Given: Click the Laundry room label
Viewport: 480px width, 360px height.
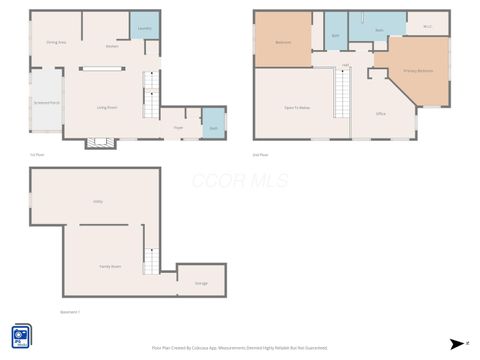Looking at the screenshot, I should (x=144, y=30).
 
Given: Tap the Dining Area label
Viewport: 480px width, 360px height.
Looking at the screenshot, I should (x=56, y=43).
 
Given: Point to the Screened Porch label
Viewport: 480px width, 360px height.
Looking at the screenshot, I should (x=46, y=102).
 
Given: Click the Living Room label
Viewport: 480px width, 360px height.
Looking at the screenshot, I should (x=107, y=107).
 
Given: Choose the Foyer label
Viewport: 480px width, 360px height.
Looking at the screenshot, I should (x=178, y=128).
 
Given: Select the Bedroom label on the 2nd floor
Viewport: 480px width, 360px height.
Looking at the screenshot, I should (x=283, y=42).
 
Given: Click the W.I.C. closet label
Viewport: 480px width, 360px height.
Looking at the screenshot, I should (x=427, y=27).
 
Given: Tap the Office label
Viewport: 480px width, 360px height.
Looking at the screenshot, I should (x=381, y=114).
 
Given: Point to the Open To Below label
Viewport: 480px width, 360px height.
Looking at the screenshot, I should (x=296, y=106).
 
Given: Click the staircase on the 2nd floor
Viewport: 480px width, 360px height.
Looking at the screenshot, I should (x=343, y=97).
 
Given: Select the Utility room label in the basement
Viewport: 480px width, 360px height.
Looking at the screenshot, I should (x=98, y=202).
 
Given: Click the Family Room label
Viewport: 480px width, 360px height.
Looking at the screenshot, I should (x=109, y=266).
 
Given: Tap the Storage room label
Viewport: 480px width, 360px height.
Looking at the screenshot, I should (x=201, y=284).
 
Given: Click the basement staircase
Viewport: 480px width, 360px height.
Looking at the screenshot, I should (x=151, y=261).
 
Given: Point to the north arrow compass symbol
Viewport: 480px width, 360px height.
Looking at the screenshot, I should (x=457, y=343).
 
